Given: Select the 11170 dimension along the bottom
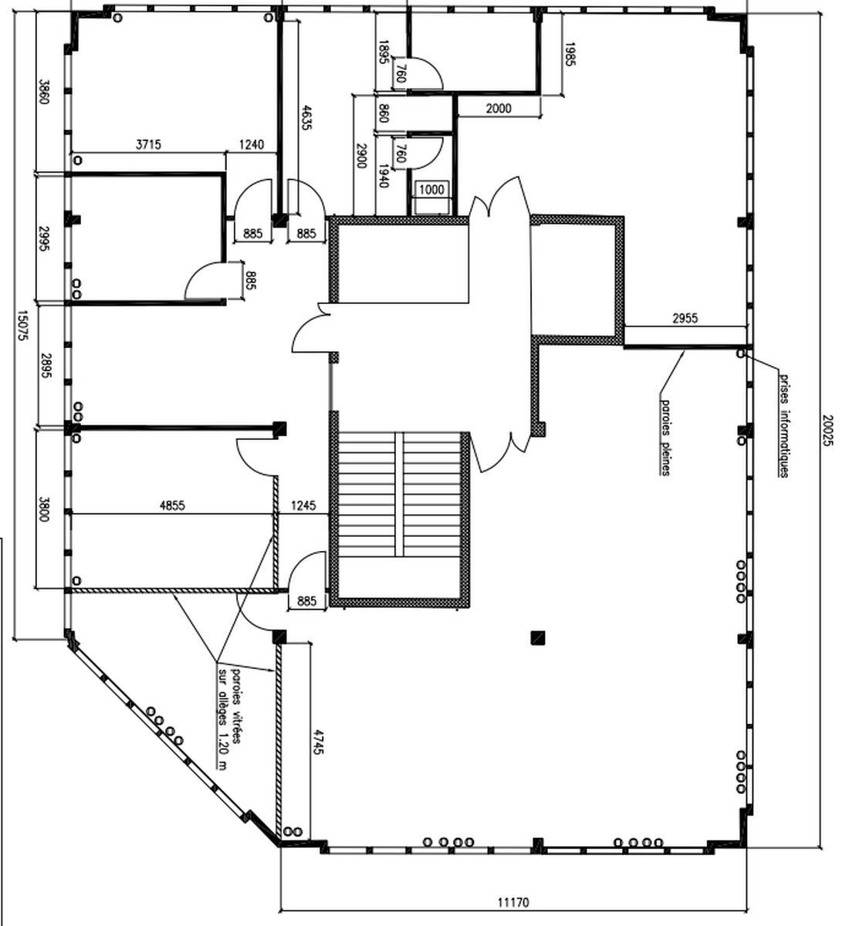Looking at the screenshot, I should tap(514, 901).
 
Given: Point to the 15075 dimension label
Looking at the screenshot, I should tap(22, 326).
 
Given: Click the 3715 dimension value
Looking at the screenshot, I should tap(148, 144).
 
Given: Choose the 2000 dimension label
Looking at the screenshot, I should tap(499, 108).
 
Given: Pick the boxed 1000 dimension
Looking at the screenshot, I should tap(431, 190).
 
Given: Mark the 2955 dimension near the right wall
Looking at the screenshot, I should tap(685, 318).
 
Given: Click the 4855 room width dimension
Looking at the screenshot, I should tap(171, 506).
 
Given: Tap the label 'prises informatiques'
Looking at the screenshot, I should tap(784, 424).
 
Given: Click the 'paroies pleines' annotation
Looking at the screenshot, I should tap(665, 435).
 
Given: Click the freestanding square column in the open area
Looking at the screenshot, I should tap(538, 637).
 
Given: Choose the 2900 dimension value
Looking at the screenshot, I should tap(360, 156).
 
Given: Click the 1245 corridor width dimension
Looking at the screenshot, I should tap(303, 506).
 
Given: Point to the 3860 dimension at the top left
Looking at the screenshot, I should tap(44, 89).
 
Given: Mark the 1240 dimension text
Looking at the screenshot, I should tap(251, 144).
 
